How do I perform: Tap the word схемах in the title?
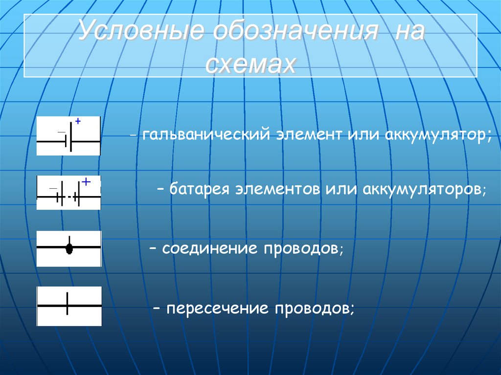click(250, 64)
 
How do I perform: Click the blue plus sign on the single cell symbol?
click(77, 121)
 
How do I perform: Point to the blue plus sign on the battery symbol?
click(86, 182)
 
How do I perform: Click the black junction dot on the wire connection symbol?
click(69, 248)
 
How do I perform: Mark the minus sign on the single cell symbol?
click(61, 132)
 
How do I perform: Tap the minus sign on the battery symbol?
click(53, 188)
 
